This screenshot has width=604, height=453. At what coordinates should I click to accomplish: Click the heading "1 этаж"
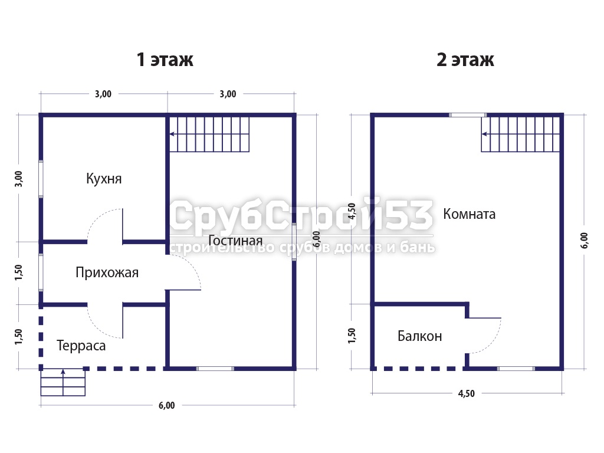[165, 60]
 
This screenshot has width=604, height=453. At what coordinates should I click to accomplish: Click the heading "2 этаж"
[465, 60]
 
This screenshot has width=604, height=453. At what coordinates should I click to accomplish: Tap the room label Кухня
[104, 179]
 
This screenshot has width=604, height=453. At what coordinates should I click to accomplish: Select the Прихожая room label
[107, 273]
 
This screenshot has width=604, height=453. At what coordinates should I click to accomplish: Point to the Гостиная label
[235, 241]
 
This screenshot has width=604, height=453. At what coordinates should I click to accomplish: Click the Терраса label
[81, 346]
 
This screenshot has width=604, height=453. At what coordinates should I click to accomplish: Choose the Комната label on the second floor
[469, 214]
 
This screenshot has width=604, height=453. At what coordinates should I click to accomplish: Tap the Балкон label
[419, 336]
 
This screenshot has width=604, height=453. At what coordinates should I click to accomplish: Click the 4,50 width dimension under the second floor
[466, 393]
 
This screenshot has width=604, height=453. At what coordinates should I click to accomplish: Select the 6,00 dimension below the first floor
[166, 405]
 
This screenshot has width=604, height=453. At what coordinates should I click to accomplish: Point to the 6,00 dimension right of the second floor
[585, 241]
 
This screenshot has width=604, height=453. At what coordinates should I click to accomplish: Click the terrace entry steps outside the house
[63, 382]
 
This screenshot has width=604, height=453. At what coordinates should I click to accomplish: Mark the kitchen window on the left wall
[41, 179]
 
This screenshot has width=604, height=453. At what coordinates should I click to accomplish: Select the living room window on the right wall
[294, 242]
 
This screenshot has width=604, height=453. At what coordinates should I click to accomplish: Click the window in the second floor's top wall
[468, 115]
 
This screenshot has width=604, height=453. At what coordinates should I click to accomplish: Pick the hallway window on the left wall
[41, 273]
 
